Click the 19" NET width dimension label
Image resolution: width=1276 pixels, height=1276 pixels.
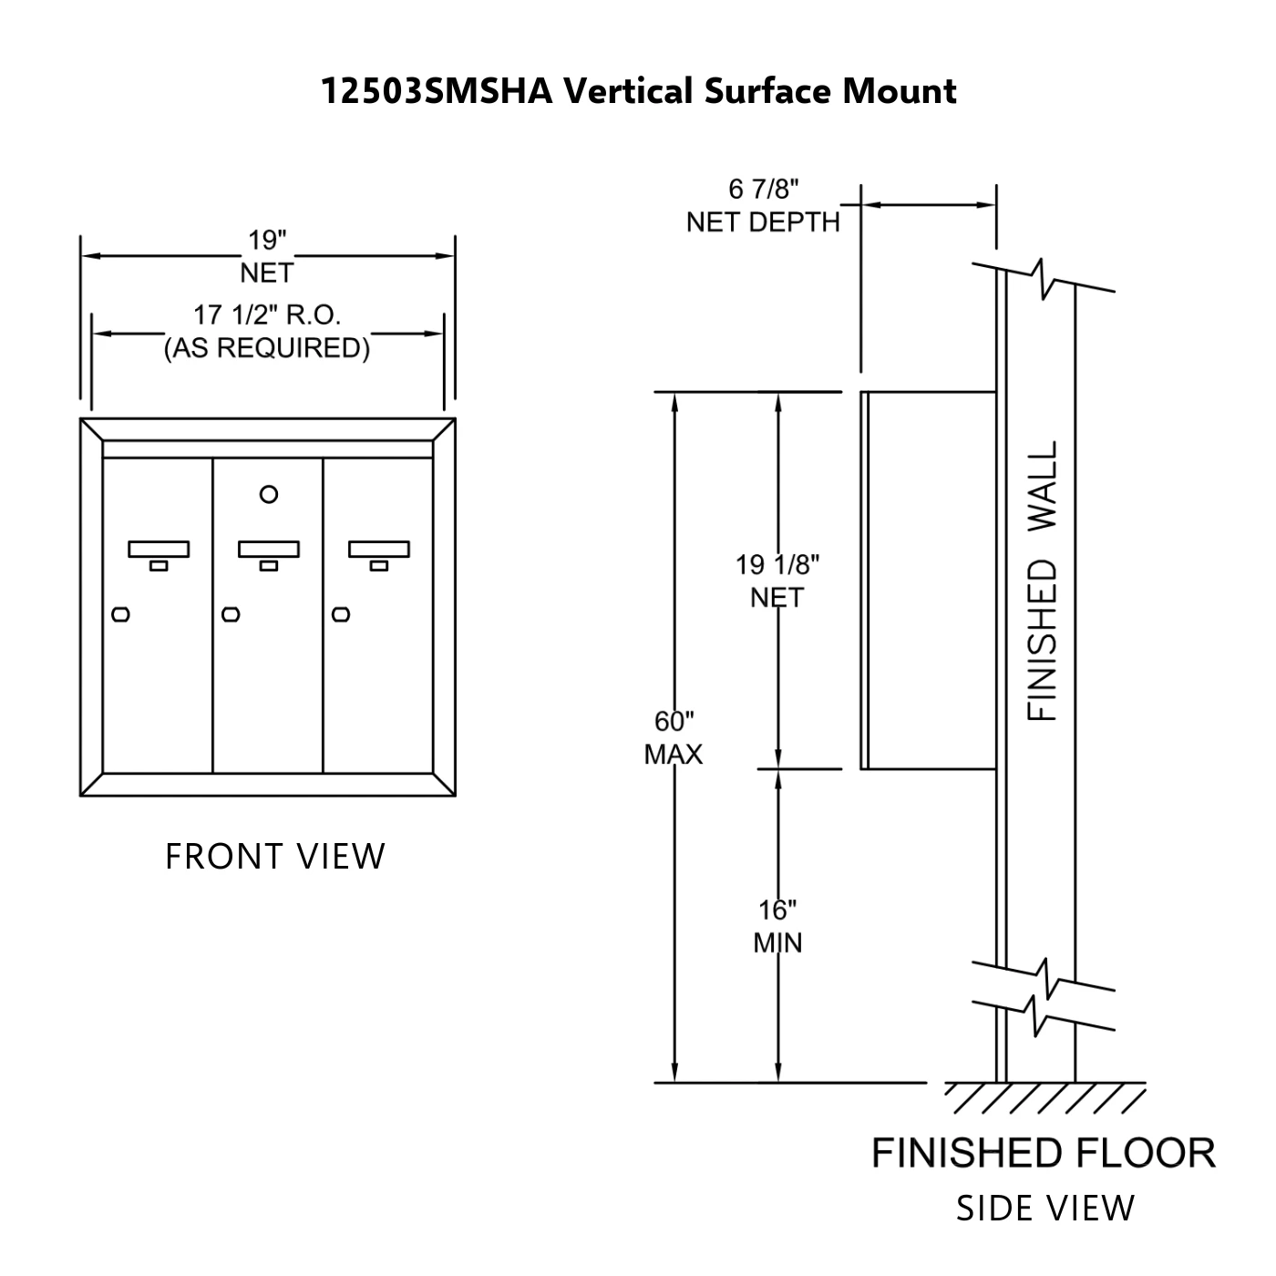(x=267, y=256)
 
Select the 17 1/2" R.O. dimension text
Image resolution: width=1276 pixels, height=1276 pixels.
(x=266, y=315)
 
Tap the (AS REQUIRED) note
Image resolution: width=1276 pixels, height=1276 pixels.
(x=266, y=348)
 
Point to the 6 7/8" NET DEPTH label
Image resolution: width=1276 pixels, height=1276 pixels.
(x=763, y=206)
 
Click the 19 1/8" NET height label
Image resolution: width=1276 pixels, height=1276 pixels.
(x=777, y=581)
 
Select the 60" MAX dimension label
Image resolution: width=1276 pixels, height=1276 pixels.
(x=674, y=737)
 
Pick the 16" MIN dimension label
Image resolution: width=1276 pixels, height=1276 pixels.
(x=777, y=925)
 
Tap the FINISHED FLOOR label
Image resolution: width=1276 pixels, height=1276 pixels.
(x=1044, y=1153)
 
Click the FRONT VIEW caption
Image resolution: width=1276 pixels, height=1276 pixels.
(x=275, y=857)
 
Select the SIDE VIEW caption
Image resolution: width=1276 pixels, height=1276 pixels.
(x=1045, y=1209)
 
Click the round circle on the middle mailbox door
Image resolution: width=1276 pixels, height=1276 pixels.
(x=268, y=495)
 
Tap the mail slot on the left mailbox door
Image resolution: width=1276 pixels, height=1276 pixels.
(x=159, y=550)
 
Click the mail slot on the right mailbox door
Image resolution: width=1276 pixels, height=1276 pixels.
(x=379, y=550)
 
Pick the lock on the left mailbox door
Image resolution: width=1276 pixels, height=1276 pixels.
(x=120, y=614)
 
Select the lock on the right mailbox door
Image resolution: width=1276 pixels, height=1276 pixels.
(x=341, y=614)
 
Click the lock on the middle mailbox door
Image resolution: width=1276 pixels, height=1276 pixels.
(x=231, y=614)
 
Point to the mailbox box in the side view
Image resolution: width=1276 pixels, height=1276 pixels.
(x=928, y=581)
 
